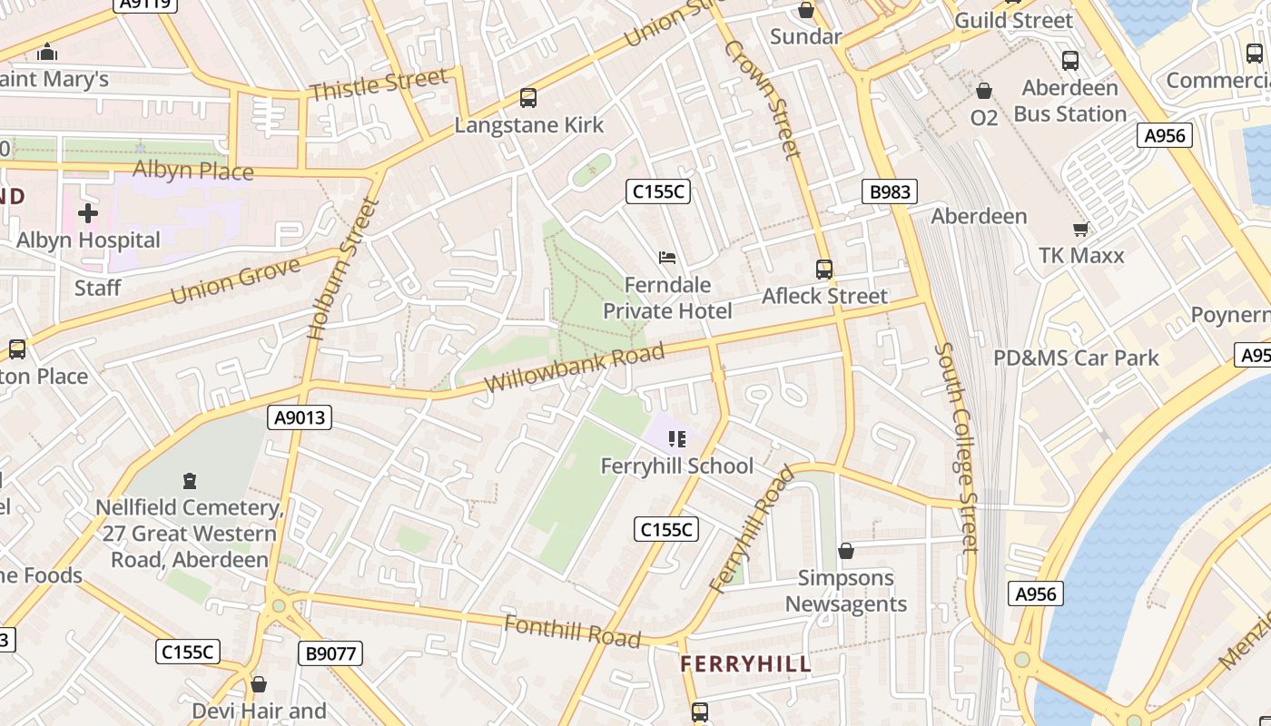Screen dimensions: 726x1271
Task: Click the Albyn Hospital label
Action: click(88, 240)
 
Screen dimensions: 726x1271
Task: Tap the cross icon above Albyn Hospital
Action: click(88, 213)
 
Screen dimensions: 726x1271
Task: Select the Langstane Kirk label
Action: click(528, 125)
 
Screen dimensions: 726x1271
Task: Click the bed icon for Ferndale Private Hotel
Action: click(667, 258)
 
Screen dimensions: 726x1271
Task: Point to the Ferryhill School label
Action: click(677, 466)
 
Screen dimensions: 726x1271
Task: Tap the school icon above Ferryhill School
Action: click(676, 439)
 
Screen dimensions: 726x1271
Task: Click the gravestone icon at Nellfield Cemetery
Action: click(190, 480)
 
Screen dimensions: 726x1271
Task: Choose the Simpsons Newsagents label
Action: click(846, 591)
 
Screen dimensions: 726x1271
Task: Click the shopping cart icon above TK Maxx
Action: click(1080, 229)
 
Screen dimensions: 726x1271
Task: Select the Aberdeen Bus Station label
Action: click(1069, 101)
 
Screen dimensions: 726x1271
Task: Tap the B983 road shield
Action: click(890, 191)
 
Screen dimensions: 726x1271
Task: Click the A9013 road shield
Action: click(300, 417)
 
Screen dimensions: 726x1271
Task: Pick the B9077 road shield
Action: click(330, 652)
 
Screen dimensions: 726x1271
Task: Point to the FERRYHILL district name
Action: click(746, 664)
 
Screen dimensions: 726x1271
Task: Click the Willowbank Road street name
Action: click(574, 368)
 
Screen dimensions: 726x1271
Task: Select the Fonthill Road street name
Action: click(572, 631)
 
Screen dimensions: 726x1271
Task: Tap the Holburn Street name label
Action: click(342, 269)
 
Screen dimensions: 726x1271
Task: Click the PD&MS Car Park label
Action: click(1076, 358)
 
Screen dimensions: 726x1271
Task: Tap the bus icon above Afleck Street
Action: click(824, 270)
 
